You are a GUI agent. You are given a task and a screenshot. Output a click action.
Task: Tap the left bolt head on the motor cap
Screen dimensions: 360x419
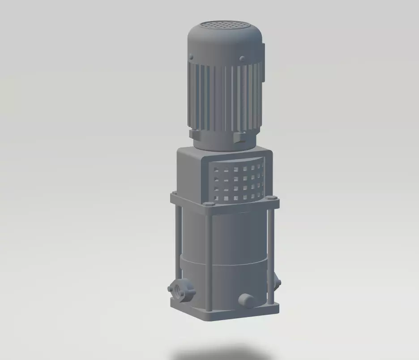click(191, 57)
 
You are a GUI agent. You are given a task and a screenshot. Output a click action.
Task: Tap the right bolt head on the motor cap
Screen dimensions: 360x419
click(242, 58)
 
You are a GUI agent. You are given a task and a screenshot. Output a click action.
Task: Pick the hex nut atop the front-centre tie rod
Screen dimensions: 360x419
click(208, 204)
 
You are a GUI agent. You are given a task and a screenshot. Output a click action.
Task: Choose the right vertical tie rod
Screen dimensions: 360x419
click(270, 251)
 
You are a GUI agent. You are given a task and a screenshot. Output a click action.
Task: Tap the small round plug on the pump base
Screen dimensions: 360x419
click(245, 300)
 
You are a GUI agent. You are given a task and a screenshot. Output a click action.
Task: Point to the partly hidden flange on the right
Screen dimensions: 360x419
click(278, 282)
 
